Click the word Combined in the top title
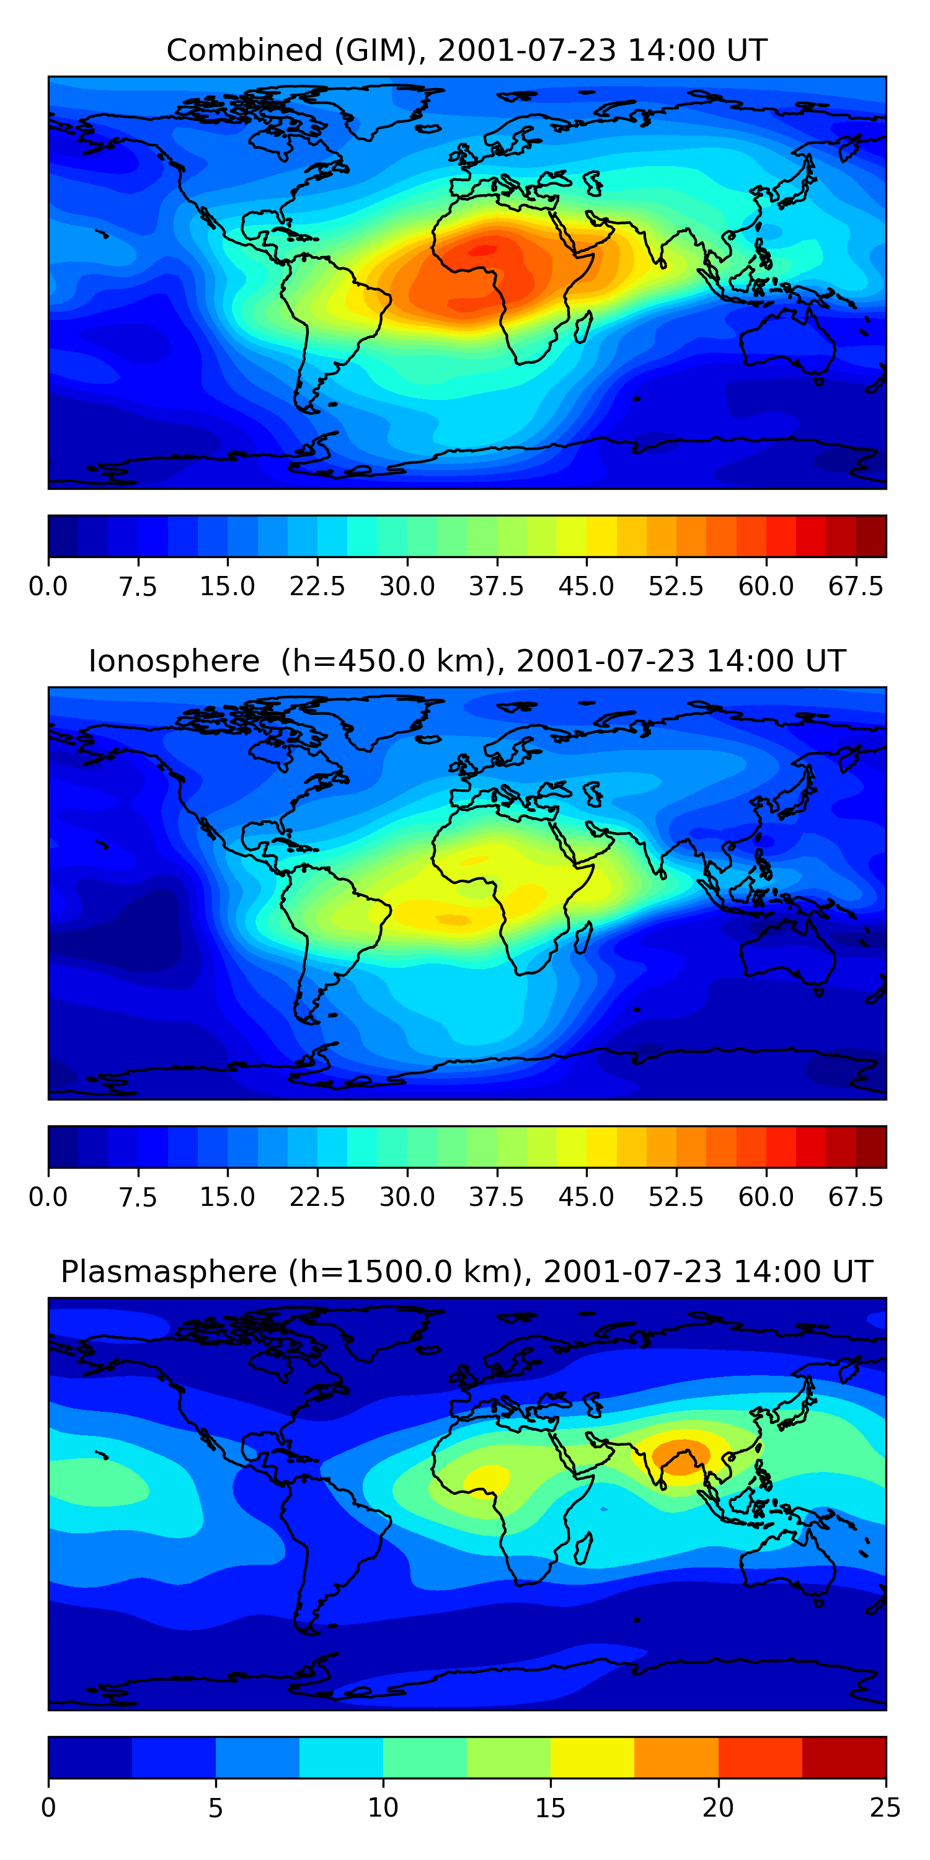(245, 51)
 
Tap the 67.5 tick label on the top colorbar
(856, 587)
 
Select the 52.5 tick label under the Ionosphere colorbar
(676, 1197)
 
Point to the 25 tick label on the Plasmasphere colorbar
(885, 1808)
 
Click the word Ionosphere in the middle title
(174, 662)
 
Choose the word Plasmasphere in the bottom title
(168, 1272)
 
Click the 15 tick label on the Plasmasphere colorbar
(550, 1808)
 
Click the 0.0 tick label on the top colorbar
(48, 587)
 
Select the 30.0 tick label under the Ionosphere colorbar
(407, 1197)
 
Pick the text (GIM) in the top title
(381, 51)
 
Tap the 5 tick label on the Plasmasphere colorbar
(215, 1808)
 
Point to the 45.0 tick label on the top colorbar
(587, 587)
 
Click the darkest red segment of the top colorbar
(871, 536)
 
